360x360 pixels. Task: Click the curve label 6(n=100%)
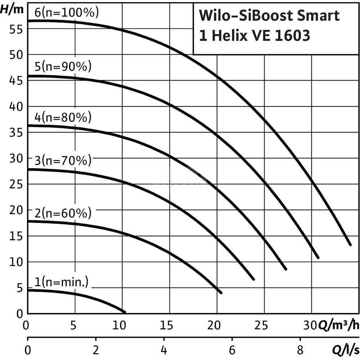coord(66,13)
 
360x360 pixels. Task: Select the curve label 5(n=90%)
coord(63,67)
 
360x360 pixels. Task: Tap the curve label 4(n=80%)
coord(63,117)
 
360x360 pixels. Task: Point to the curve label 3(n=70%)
coord(63,161)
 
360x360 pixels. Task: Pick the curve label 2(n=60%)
coord(63,213)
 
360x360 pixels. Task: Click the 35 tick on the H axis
coord(16,132)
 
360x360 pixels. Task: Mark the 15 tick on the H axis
coord(16,236)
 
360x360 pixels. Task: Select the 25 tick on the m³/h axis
coord(264,326)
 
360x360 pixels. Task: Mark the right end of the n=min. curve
coord(125,312)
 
